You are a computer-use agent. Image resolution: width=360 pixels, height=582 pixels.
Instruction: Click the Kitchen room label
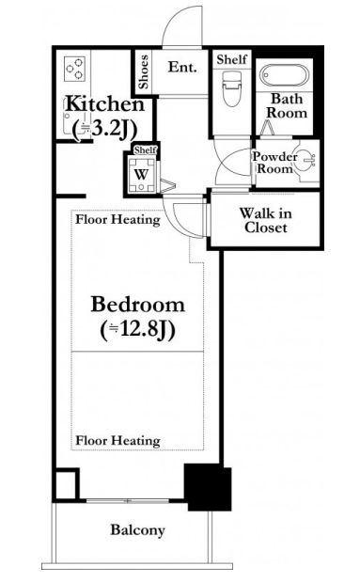[x=105, y=104]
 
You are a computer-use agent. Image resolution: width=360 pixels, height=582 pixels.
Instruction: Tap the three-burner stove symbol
[x=74, y=69]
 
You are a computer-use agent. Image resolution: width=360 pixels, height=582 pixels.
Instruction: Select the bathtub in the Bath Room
[x=284, y=75]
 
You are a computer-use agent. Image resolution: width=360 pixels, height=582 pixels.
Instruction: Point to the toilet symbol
[x=231, y=88]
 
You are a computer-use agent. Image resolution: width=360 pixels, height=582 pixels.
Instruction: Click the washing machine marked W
[x=141, y=174]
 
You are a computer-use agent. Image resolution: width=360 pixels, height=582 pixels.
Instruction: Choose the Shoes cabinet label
[x=143, y=72]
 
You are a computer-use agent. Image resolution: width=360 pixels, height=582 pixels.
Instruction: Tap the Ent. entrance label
[x=182, y=67]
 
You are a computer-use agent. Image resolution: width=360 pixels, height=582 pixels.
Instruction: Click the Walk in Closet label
[x=265, y=220]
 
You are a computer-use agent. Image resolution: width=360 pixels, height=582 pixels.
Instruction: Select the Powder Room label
[x=275, y=163]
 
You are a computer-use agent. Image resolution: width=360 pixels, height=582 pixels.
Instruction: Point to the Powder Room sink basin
[x=307, y=160]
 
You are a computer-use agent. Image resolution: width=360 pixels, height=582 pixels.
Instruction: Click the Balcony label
[x=137, y=529]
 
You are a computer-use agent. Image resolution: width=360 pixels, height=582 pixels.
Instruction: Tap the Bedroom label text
[x=137, y=305]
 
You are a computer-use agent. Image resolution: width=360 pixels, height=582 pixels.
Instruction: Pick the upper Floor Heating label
[x=117, y=219]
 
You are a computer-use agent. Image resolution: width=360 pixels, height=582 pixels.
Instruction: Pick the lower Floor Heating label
[x=117, y=441]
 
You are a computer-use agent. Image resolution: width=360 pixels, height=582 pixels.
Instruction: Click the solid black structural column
[x=208, y=487]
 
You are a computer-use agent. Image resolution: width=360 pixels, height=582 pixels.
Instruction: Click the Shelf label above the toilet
[x=231, y=59]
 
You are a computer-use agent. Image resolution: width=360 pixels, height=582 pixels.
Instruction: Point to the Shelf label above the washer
[x=146, y=149]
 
